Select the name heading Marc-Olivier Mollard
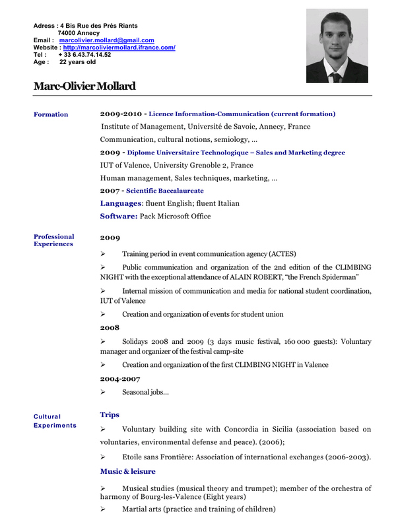click(x=84, y=86)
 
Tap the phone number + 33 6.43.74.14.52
click(x=84, y=55)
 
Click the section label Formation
click(x=51, y=115)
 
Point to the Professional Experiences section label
click(x=54, y=240)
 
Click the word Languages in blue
click(x=121, y=203)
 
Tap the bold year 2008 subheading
click(x=110, y=327)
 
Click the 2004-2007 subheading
click(x=120, y=379)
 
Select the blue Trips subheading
click(x=110, y=414)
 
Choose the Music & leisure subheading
click(x=128, y=471)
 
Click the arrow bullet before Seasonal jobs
click(x=103, y=392)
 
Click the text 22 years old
click(x=77, y=62)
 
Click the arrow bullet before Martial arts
click(x=103, y=509)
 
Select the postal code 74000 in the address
click(x=67, y=33)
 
